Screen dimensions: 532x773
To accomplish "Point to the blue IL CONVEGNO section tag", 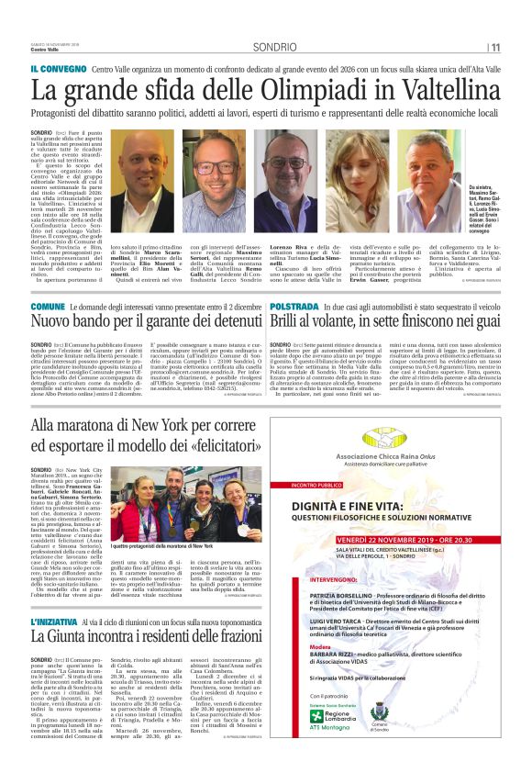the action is pos(58,70).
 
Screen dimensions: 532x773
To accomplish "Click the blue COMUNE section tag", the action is pos(48,305).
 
